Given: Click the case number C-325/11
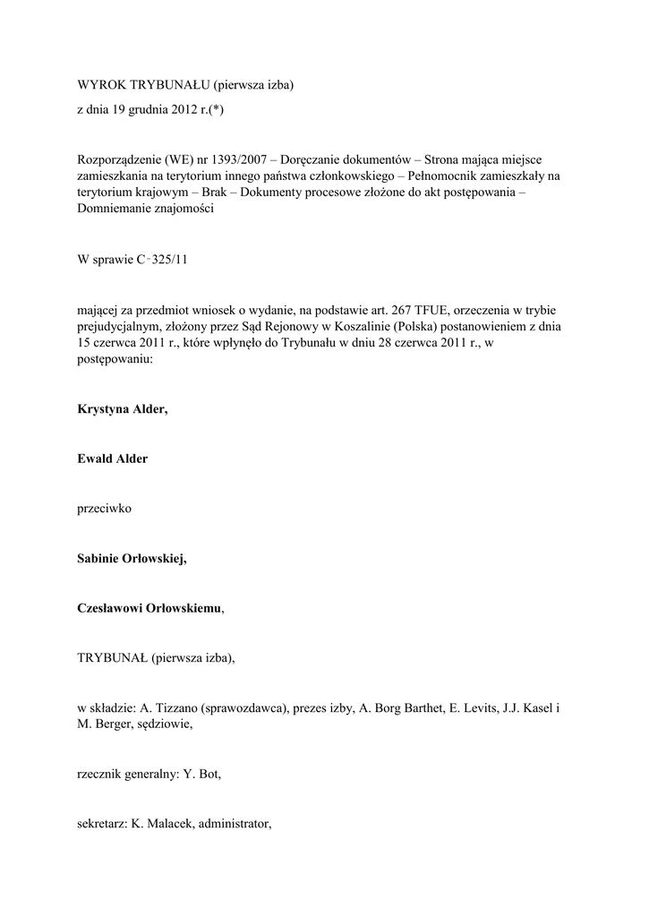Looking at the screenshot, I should tap(163, 260).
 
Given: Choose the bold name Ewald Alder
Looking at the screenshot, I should tap(112, 458).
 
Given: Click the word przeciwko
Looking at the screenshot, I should tap(105, 509).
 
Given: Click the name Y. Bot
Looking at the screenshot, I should tap(201, 776).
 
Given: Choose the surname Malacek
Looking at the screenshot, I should tap(165, 826).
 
